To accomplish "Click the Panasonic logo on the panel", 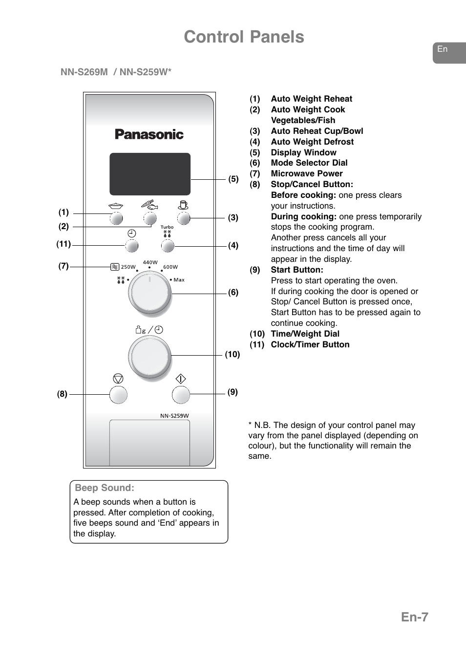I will pos(149,134).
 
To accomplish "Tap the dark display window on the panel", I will pos(150,174).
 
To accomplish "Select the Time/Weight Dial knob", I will pos(150,356).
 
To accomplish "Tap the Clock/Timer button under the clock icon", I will pos(132,246).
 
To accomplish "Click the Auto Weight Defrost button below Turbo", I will pos(168,246).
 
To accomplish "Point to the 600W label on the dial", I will pos(170,267).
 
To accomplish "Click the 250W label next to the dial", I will pos(128,267).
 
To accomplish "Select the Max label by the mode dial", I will pos(179,280).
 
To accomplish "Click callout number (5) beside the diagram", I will pos(233,179).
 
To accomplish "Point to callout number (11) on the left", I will pos(64,244).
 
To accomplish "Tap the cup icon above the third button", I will pos(183,205).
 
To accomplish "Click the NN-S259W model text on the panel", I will pos(174,416).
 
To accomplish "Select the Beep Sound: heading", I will pos(105,488).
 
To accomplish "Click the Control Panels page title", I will pos(244,37).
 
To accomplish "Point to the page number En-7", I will pos(414,617).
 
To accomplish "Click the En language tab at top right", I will pos(443,49).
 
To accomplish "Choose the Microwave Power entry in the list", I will pos(307,173).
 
